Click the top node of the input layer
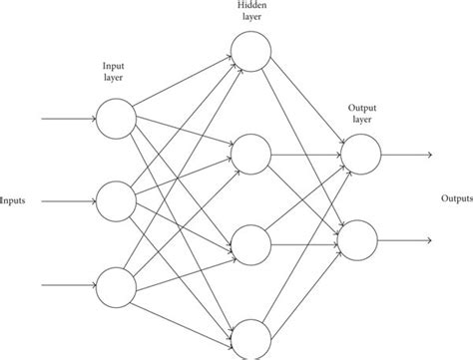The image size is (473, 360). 115,119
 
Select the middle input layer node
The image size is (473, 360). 115,199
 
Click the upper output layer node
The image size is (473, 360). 360,153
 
